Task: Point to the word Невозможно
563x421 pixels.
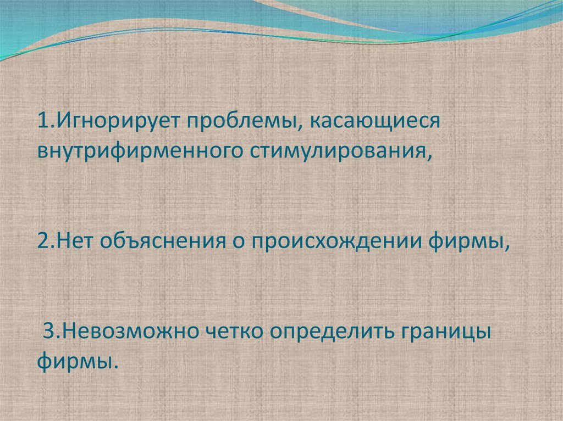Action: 129,332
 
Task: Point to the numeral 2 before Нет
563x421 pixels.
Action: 43,240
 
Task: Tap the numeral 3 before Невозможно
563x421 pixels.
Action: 48,332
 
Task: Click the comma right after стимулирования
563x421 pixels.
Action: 427,156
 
